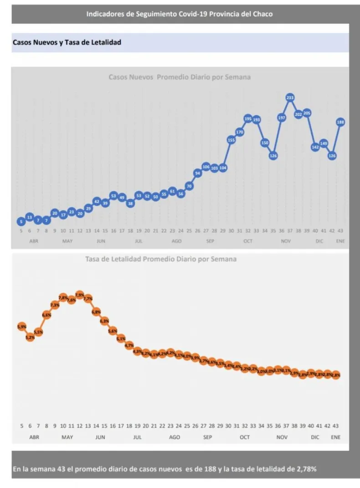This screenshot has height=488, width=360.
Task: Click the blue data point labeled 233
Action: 290,97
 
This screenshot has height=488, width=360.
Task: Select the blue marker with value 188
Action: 340,122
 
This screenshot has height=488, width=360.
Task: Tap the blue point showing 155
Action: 231,140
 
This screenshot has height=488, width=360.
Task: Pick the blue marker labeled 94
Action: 197,173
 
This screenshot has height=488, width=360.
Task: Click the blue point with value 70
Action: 189,186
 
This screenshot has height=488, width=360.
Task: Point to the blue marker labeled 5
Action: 21,222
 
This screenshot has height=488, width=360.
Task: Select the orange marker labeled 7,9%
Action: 80,295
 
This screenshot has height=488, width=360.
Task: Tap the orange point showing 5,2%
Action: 30,337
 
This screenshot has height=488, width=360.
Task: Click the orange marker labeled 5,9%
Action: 21,327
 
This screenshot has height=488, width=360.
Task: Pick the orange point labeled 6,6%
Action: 46,315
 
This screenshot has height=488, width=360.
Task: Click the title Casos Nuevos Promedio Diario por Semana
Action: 179,77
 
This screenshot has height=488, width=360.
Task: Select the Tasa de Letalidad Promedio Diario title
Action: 161,259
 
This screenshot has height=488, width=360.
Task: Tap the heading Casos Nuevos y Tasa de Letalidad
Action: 67,42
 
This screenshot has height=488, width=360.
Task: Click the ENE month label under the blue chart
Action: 340,241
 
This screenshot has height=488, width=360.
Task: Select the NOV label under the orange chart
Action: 282,437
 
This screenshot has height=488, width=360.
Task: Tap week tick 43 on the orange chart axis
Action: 336,426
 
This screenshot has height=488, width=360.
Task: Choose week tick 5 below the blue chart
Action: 21,231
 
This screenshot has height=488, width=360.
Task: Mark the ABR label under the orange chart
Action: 34,437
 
